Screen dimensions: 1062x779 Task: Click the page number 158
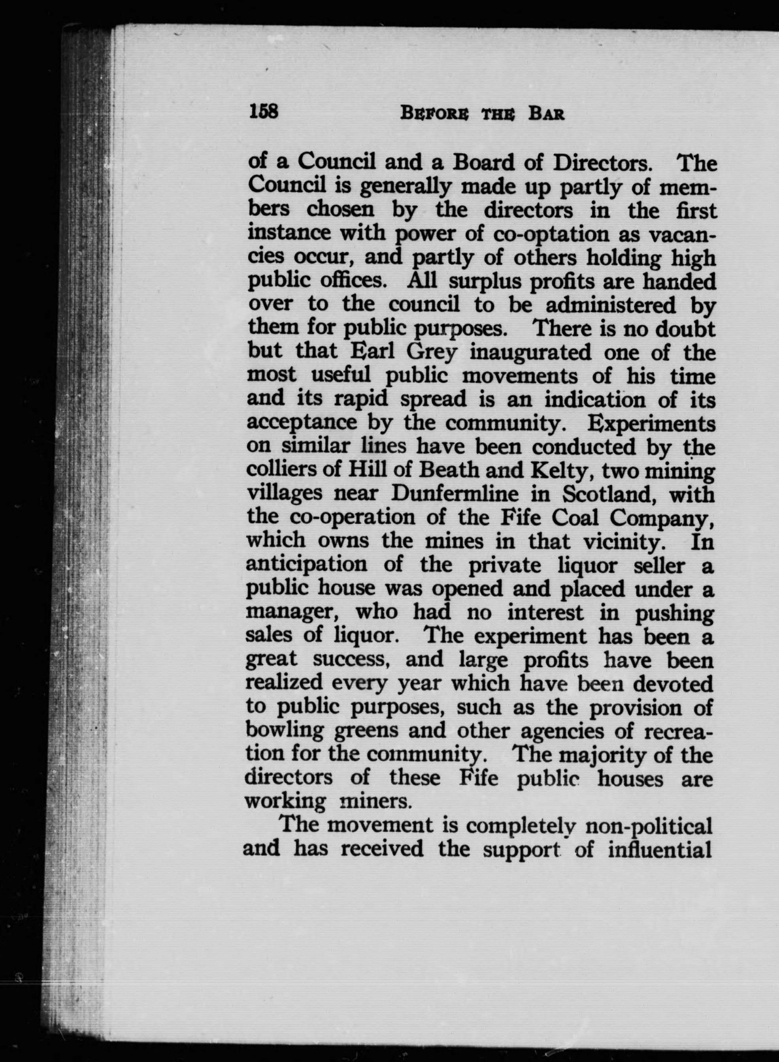coord(264,112)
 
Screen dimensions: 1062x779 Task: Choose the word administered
coord(611,305)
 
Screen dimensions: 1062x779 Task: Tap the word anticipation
coord(306,565)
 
